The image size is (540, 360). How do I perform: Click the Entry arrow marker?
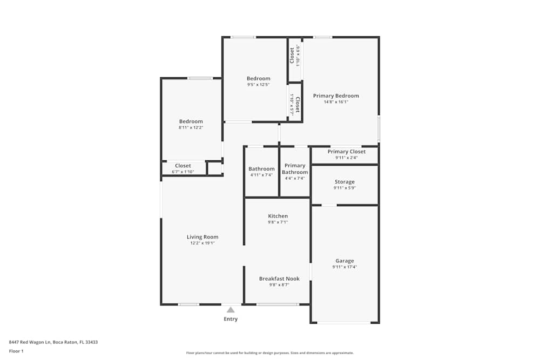(x=231, y=310)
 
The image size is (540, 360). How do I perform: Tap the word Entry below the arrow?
(x=231, y=319)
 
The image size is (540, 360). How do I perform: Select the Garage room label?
(x=345, y=261)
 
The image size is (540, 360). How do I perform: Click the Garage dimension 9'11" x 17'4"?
(x=345, y=267)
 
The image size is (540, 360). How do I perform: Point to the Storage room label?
(x=345, y=182)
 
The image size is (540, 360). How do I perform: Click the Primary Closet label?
(x=346, y=152)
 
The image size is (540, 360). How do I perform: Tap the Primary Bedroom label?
(x=336, y=96)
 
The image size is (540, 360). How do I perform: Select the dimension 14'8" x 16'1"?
(x=336, y=102)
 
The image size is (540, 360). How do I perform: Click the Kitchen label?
(x=278, y=216)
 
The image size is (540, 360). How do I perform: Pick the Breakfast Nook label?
(x=279, y=279)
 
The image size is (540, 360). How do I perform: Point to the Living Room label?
(x=202, y=237)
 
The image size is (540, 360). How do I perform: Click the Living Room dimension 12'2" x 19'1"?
(x=202, y=243)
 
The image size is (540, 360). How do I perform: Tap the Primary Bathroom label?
(x=295, y=169)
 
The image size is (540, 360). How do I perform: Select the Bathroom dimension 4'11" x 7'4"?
(x=261, y=175)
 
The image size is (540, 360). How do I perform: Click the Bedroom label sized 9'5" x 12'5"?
(x=259, y=79)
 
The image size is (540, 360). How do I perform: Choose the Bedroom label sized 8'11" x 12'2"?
(x=191, y=121)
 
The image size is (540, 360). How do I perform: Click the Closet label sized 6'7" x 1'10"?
(x=183, y=166)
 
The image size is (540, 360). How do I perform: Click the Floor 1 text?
(x=16, y=351)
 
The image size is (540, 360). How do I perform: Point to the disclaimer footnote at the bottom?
(x=270, y=353)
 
